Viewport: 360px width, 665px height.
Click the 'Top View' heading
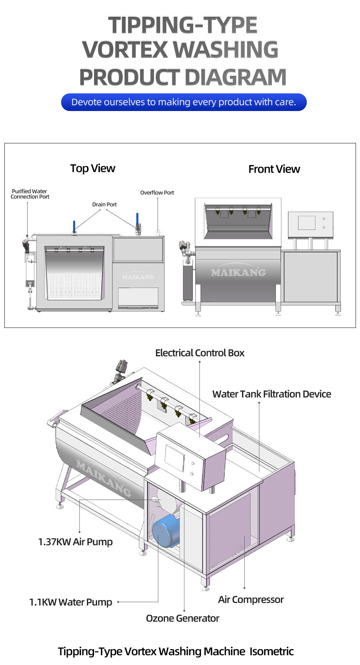click(x=93, y=168)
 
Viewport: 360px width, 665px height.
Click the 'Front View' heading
click(x=274, y=169)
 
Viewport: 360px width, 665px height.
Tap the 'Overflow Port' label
click(x=157, y=193)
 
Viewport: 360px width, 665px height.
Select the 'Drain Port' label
click(x=104, y=204)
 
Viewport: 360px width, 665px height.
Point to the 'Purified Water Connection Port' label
click(x=30, y=194)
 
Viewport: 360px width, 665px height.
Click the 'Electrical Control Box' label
click(x=199, y=353)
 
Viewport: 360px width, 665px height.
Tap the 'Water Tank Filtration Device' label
click(x=271, y=394)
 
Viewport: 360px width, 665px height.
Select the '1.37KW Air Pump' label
click(x=75, y=542)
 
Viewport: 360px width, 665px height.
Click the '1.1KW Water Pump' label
click(x=71, y=602)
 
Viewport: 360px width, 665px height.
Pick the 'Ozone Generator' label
click(x=183, y=618)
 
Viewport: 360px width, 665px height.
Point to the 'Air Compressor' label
click(x=251, y=600)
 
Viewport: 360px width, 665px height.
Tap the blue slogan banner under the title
click(x=184, y=102)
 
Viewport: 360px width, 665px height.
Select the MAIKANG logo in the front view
click(x=238, y=272)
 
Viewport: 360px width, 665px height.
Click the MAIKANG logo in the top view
click(x=138, y=277)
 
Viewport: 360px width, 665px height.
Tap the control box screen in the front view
click(x=307, y=223)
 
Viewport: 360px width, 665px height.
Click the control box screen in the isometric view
click(x=174, y=458)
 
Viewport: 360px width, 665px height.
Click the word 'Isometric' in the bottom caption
click(x=271, y=651)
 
